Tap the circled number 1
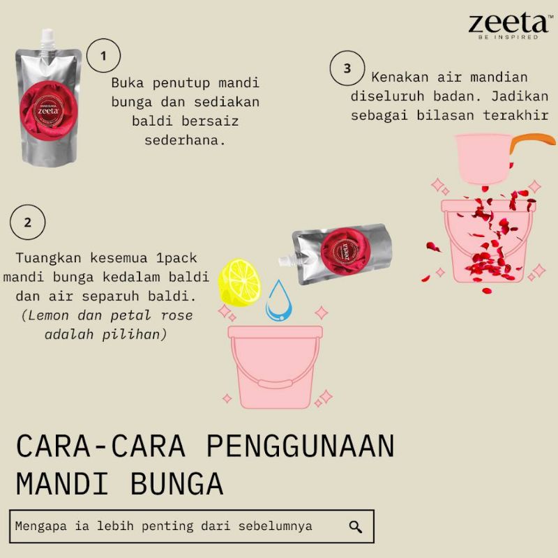pos(103,56)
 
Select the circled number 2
pos(28,222)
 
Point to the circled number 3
pos(347,68)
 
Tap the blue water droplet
pos(279,301)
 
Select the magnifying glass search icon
pos(355,527)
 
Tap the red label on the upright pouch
pos(49,111)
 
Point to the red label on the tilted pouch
pos(346,252)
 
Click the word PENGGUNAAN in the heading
pos(301,446)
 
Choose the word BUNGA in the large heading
pos(176,483)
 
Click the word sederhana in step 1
pos(185,141)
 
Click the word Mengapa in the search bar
pos(41,527)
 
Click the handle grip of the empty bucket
pos(276,384)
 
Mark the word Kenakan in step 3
pos(400,77)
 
